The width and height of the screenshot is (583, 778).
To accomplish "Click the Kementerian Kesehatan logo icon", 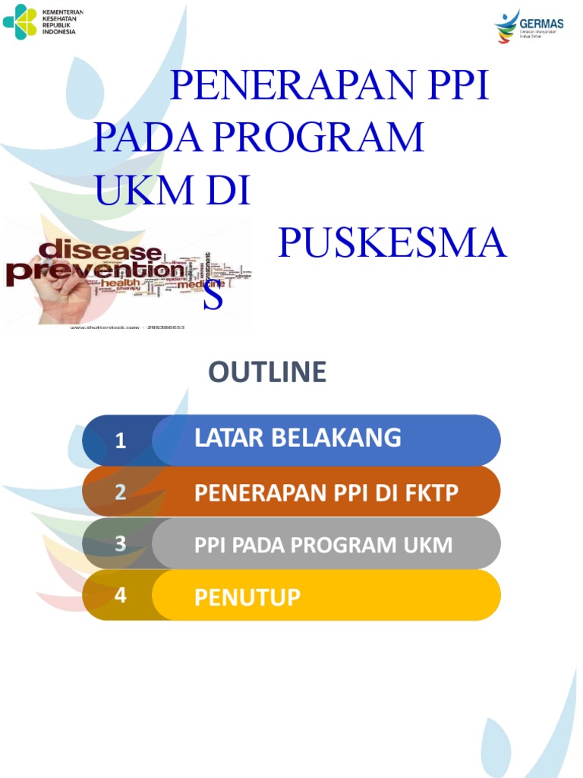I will (x=20, y=22).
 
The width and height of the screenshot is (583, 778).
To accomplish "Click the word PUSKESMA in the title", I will (x=392, y=243).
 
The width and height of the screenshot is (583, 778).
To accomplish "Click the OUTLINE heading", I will (x=267, y=372).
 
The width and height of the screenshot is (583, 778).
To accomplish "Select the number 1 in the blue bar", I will (x=120, y=441).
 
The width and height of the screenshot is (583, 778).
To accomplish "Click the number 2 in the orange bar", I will (x=120, y=492).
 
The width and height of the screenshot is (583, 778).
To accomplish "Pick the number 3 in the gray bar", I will (x=120, y=544).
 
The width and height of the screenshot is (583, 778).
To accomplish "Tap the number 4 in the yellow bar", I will (x=120, y=596).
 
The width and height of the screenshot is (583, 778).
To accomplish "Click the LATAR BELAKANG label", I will (x=298, y=438).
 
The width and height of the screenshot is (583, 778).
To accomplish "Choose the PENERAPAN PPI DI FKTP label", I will (x=326, y=493).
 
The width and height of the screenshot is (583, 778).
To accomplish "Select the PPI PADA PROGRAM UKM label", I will (x=323, y=545).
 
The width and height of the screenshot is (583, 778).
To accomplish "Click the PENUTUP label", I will (x=247, y=597).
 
